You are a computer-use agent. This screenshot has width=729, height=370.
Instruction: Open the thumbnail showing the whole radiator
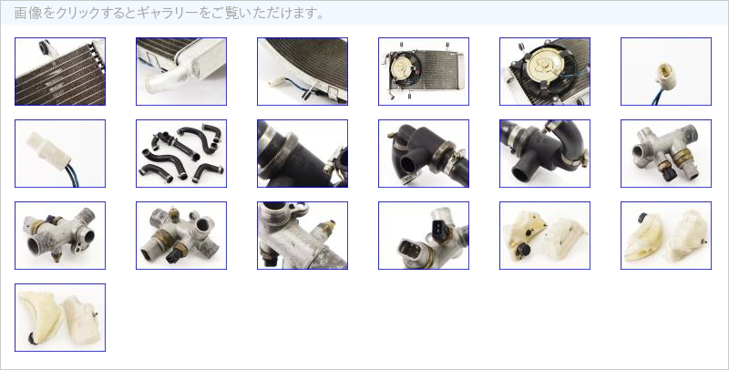[424, 72]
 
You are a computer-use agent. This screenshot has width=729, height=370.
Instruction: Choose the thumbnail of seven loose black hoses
[181, 153]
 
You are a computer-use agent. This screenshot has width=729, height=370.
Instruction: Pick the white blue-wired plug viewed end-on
[667, 76]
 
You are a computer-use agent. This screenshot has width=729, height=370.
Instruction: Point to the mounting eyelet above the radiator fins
[46, 47]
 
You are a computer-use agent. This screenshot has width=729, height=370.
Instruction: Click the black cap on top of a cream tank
[642, 218]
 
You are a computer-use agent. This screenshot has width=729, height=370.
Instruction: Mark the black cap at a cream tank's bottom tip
[33, 338]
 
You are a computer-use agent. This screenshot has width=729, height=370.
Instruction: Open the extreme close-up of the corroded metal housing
[303, 236]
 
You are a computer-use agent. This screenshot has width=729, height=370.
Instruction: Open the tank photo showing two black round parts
[545, 236]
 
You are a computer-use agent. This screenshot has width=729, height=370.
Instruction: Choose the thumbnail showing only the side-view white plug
[60, 153]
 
